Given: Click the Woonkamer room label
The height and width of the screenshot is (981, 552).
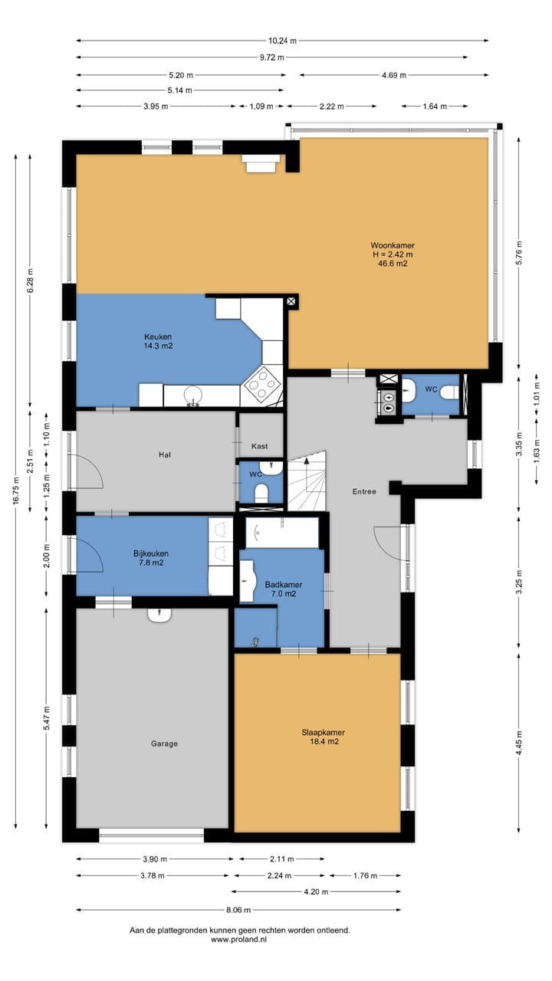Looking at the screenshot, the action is [x=393, y=245].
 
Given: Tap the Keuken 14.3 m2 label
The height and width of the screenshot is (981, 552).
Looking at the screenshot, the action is [x=158, y=341].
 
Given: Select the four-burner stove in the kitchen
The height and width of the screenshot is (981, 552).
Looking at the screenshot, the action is [x=262, y=384].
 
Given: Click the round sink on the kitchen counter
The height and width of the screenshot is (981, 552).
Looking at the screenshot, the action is [x=194, y=395].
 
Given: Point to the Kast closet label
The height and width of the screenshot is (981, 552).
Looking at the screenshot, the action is [x=260, y=446].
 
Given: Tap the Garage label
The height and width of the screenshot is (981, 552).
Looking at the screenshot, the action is [x=164, y=743].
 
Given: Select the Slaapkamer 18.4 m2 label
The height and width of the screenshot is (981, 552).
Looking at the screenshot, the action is [x=324, y=737].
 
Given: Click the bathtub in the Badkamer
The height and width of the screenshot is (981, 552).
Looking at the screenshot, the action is [x=281, y=533].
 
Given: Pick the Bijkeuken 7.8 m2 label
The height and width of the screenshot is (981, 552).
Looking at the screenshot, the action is [x=151, y=558].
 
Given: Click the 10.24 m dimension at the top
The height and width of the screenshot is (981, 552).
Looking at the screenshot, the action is [x=283, y=41].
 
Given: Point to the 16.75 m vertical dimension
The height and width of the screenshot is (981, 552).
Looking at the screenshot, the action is [x=16, y=491].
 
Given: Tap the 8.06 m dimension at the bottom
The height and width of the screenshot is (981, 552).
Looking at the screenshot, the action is [x=238, y=910].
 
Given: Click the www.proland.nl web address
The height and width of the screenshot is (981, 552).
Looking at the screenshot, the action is [x=239, y=940].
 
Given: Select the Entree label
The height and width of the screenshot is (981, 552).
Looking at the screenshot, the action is [x=364, y=491].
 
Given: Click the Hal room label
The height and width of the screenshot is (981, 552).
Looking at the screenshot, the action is [x=165, y=454].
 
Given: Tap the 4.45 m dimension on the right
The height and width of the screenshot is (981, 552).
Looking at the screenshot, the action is [x=519, y=743].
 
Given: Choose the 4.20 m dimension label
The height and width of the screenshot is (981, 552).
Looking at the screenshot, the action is [x=317, y=891].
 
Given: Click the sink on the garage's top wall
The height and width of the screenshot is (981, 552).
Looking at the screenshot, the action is [x=159, y=615].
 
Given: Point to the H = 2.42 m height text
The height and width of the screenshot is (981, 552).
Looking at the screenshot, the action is [x=393, y=254].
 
